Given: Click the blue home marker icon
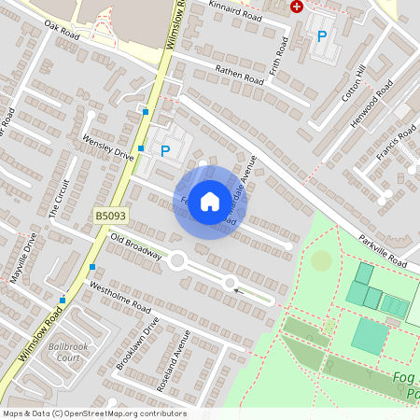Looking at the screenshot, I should point(210,202).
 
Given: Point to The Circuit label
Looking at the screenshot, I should point(59,199).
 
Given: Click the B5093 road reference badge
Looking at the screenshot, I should point(110,216).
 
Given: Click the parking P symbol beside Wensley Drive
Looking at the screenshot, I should point(165,151).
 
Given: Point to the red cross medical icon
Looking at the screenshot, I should point(297,7).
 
